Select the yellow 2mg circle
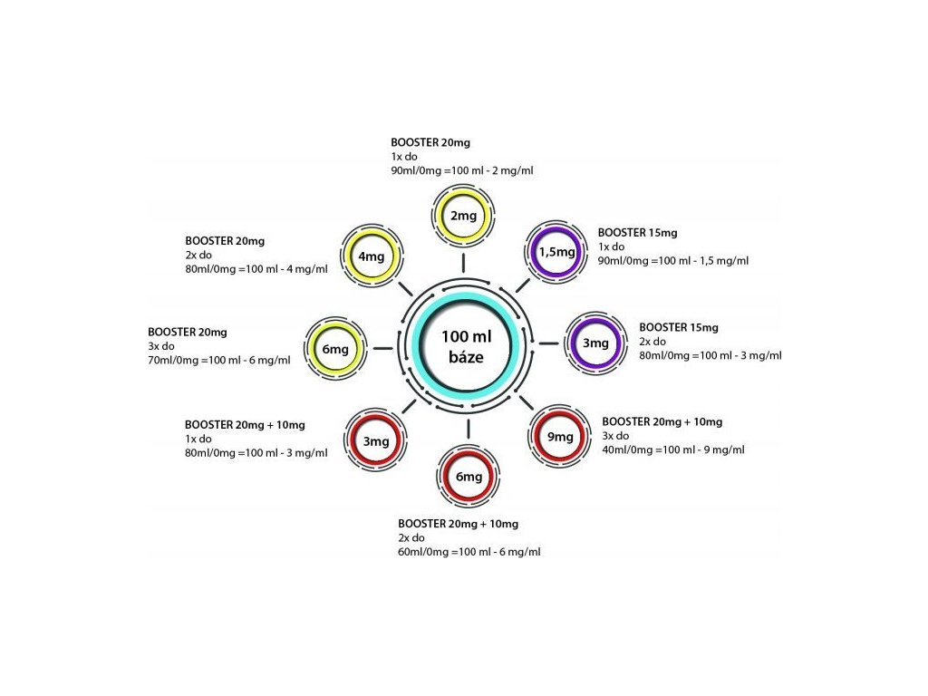tap(463, 216)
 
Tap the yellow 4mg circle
tap(372, 256)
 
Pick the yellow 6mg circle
tap(335, 349)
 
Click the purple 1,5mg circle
tap(556, 252)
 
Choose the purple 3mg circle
tap(594, 343)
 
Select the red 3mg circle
tap(376, 442)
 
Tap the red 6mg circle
tap(469, 478)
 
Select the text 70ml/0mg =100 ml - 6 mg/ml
tap(218, 361)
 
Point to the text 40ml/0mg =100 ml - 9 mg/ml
tap(672, 450)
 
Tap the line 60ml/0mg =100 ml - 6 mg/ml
tap(469, 552)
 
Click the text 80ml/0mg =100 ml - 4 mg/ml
tap(256, 270)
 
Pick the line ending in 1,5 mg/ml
tap(672, 261)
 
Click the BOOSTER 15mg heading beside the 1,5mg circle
tap(637, 233)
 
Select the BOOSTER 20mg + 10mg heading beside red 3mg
tap(245, 424)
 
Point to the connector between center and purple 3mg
tap(548, 343)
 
